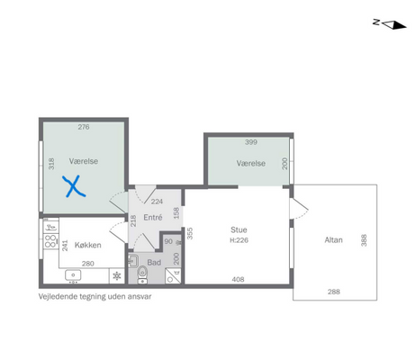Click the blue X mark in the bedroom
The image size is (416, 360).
click(x=74, y=186)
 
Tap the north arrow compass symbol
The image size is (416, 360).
click(x=390, y=24)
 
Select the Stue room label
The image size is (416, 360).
click(x=239, y=229)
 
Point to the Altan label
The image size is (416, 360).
click(x=333, y=240)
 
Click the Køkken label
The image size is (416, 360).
click(x=87, y=245)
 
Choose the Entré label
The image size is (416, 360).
click(x=153, y=217)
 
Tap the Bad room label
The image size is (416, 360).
click(x=154, y=263)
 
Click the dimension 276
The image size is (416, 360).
click(x=84, y=127)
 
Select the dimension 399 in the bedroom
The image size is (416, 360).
click(x=251, y=142)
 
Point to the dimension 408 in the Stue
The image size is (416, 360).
click(x=238, y=279)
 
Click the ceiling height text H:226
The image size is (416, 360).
click(x=239, y=240)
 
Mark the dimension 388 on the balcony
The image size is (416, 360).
click(x=364, y=240)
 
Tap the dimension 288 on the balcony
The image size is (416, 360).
click(x=334, y=292)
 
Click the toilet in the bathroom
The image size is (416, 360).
click(x=142, y=275)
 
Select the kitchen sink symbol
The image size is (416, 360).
click(x=73, y=275)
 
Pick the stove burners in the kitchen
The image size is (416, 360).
click(x=50, y=241)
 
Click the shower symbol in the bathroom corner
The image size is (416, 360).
click(x=173, y=276)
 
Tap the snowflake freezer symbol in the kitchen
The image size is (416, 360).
click(x=117, y=275)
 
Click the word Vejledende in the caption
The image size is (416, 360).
click(x=58, y=297)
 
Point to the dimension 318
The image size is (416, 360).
click(x=51, y=164)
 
